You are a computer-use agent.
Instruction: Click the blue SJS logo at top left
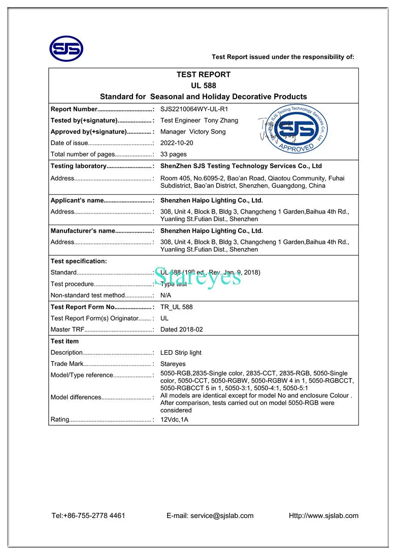click(66, 49)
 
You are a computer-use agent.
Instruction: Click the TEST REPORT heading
click(203, 75)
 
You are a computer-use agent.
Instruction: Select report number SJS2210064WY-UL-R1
click(194, 109)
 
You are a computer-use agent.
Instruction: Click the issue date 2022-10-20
click(177, 143)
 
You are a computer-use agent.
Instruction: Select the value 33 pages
click(174, 154)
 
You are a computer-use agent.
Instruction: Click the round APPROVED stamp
click(296, 129)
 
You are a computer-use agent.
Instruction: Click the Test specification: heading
click(79, 261)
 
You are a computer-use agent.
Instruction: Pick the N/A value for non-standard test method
click(166, 295)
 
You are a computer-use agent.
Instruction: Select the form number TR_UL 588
click(177, 307)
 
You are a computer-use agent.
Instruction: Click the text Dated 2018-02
click(181, 329)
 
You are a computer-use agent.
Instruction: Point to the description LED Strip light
click(181, 352)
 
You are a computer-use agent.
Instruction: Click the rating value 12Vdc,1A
click(174, 420)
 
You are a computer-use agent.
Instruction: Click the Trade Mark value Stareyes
click(173, 364)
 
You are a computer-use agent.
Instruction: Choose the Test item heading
click(64, 341)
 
